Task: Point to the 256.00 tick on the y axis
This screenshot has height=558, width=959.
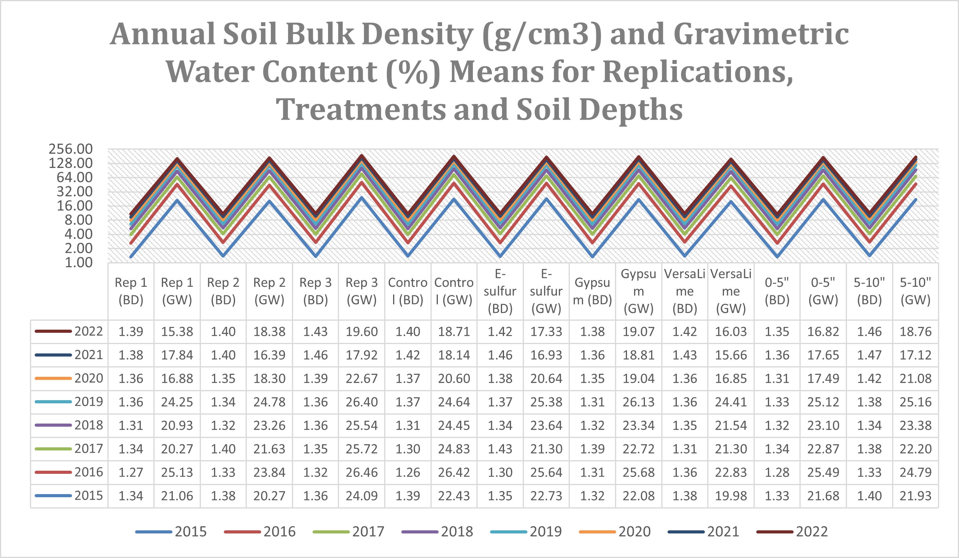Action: (x=70, y=149)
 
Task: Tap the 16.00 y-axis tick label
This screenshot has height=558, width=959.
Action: (x=75, y=206)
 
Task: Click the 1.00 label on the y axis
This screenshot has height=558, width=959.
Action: (x=79, y=263)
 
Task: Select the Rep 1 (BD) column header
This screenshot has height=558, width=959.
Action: (x=131, y=291)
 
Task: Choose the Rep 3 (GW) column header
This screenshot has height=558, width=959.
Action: (x=362, y=291)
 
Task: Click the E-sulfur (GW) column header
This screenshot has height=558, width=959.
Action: (x=546, y=291)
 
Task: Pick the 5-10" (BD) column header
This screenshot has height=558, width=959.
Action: (x=869, y=291)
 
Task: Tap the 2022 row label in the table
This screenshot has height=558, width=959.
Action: (x=89, y=331)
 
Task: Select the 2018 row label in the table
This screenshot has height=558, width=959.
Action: (x=89, y=425)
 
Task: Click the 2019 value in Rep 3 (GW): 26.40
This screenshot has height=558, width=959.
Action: (x=362, y=402)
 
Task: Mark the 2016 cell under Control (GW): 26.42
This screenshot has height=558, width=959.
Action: (x=454, y=472)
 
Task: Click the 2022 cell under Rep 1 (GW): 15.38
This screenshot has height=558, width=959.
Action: (x=177, y=332)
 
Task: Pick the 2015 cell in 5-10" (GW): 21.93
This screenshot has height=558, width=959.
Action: (x=915, y=496)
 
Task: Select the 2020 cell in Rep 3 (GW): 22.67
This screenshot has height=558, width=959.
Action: (x=362, y=378)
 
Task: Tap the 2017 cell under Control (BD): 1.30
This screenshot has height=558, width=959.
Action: (x=407, y=449)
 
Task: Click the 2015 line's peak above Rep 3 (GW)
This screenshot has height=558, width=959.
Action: (x=362, y=198)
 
